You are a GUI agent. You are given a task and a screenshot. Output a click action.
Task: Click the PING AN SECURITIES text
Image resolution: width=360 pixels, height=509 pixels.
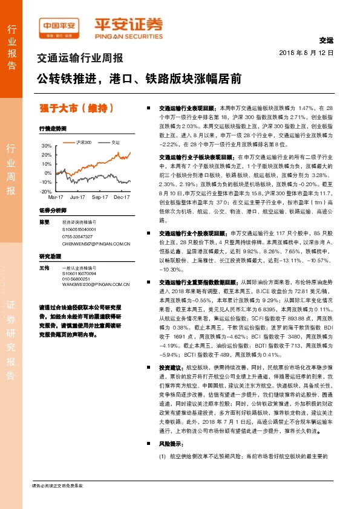[x=128, y=34]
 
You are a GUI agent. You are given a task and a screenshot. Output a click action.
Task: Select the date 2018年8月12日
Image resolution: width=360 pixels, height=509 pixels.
[x=307, y=53]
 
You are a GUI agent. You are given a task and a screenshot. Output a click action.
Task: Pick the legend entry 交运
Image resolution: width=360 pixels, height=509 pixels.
[x=114, y=142]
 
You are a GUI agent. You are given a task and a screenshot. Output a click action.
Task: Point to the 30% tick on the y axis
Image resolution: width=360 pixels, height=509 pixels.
[x=47, y=146]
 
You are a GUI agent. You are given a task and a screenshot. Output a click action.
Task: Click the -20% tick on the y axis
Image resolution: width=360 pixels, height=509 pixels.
[x=47, y=191]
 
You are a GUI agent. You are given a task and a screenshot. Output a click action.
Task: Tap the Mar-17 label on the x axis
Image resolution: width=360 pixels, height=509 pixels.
[x=56, y=197]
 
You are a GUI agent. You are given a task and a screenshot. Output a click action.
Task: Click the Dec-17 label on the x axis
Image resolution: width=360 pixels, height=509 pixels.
[x=123, y=197]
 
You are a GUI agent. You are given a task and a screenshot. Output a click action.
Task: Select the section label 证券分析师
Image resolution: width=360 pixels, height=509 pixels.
[x=52, y=210]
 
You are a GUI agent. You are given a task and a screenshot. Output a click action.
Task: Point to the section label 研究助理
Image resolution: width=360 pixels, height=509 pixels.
[x=50, y=256]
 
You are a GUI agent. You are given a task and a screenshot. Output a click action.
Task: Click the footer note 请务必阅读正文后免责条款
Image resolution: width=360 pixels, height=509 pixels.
[x=57, y=485]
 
